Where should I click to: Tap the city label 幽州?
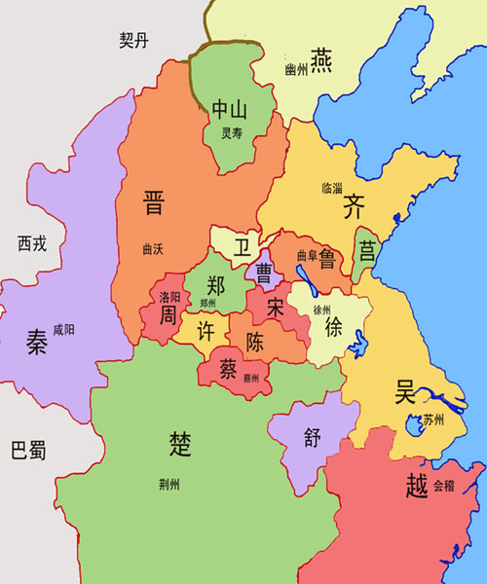click(296, 69)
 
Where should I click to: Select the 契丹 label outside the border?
click(134, 41)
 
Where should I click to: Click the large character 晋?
click(153, 202)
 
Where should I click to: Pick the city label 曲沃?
click(152, 249)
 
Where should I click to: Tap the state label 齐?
click(354, 206)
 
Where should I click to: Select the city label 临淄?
click(332, 187)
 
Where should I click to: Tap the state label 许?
click(206, 330)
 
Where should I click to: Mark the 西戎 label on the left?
click(32, 243)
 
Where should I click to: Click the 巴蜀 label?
click(27, 451)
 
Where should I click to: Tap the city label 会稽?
click(442, 484)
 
